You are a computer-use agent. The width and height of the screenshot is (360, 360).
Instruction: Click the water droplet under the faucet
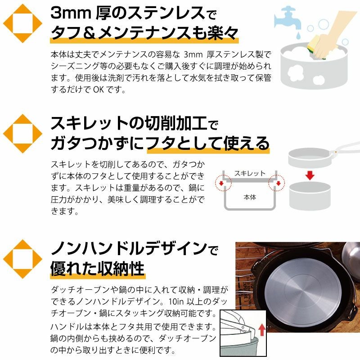pos(298,36)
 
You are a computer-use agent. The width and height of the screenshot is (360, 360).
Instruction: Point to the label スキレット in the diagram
pos(250,173)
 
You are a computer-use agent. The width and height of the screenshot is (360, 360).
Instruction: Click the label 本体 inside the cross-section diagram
pos(250,197)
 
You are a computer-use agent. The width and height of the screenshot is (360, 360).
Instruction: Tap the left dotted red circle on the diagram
pos(223,183)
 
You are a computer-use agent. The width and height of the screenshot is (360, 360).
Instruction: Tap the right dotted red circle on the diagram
pos(276,183)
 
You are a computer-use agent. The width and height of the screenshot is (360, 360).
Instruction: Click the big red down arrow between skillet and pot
pos(310,175)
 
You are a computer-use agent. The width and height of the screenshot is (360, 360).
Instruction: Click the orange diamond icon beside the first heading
pos(22,23)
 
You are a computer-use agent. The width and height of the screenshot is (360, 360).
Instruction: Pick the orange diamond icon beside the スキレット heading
pos(22,134)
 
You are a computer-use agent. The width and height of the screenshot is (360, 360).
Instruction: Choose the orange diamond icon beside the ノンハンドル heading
pos(22,259)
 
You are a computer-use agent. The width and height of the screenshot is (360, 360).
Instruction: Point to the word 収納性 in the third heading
pos(121,268)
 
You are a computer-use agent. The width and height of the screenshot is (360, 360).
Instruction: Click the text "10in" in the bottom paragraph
pos(176,301)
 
